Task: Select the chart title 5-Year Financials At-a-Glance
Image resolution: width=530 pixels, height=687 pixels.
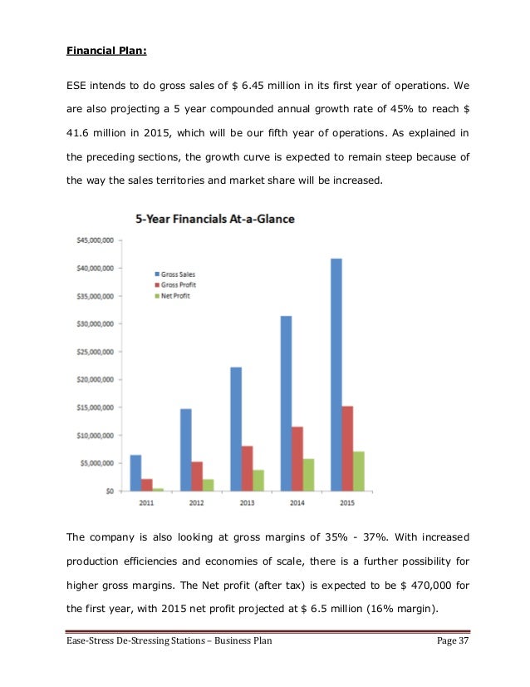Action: point(214,219)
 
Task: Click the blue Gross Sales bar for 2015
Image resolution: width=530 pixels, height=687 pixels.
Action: point(336,374)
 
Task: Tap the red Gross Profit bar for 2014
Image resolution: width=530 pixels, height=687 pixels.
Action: point(297,458)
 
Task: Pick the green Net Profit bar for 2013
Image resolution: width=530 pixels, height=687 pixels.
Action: point(258,480)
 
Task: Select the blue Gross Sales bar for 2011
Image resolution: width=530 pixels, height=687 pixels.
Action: point(135,472)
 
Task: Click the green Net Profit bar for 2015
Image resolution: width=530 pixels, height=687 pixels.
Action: point(358,471)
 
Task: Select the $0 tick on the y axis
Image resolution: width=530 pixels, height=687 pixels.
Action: point(108,491)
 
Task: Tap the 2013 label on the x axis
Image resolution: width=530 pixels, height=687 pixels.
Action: point(247,503)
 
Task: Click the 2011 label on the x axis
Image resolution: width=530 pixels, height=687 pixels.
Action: point(146,503)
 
